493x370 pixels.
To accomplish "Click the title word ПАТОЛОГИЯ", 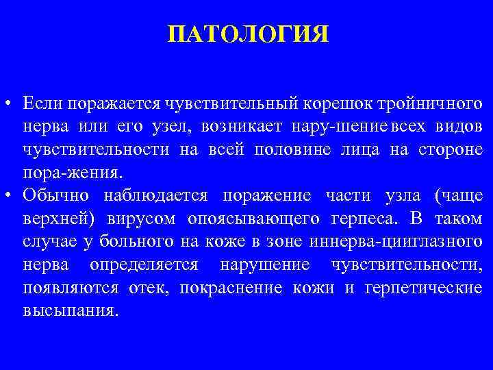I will (x=248, y=34).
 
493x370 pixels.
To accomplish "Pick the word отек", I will (x=147, y=288).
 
